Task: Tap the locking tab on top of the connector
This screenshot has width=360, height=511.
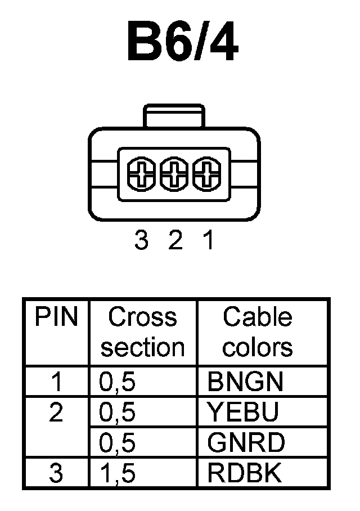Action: (x=174, y=115)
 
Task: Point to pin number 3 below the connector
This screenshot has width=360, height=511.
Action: (x=141, y=241)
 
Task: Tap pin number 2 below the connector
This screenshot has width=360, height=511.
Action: (x=175, y=241)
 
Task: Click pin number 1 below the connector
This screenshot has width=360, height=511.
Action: (x=208, y=241)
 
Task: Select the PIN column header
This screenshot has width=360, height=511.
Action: (x=56, y=317)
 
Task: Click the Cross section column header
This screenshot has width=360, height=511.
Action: (x=143, y=333)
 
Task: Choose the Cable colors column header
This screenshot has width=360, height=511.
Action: (x=258, y=333)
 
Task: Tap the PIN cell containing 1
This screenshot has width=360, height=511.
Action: (x=56, y=383)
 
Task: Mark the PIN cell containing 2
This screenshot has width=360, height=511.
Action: (x=56, y=414)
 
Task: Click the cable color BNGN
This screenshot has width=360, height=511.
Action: (x=245, y=383)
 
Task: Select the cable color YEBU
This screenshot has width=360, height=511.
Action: (x=243, y=414)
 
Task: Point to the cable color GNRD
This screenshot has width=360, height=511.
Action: (x=246, y=443)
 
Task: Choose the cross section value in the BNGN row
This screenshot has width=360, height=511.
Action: (x=118, y=383)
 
